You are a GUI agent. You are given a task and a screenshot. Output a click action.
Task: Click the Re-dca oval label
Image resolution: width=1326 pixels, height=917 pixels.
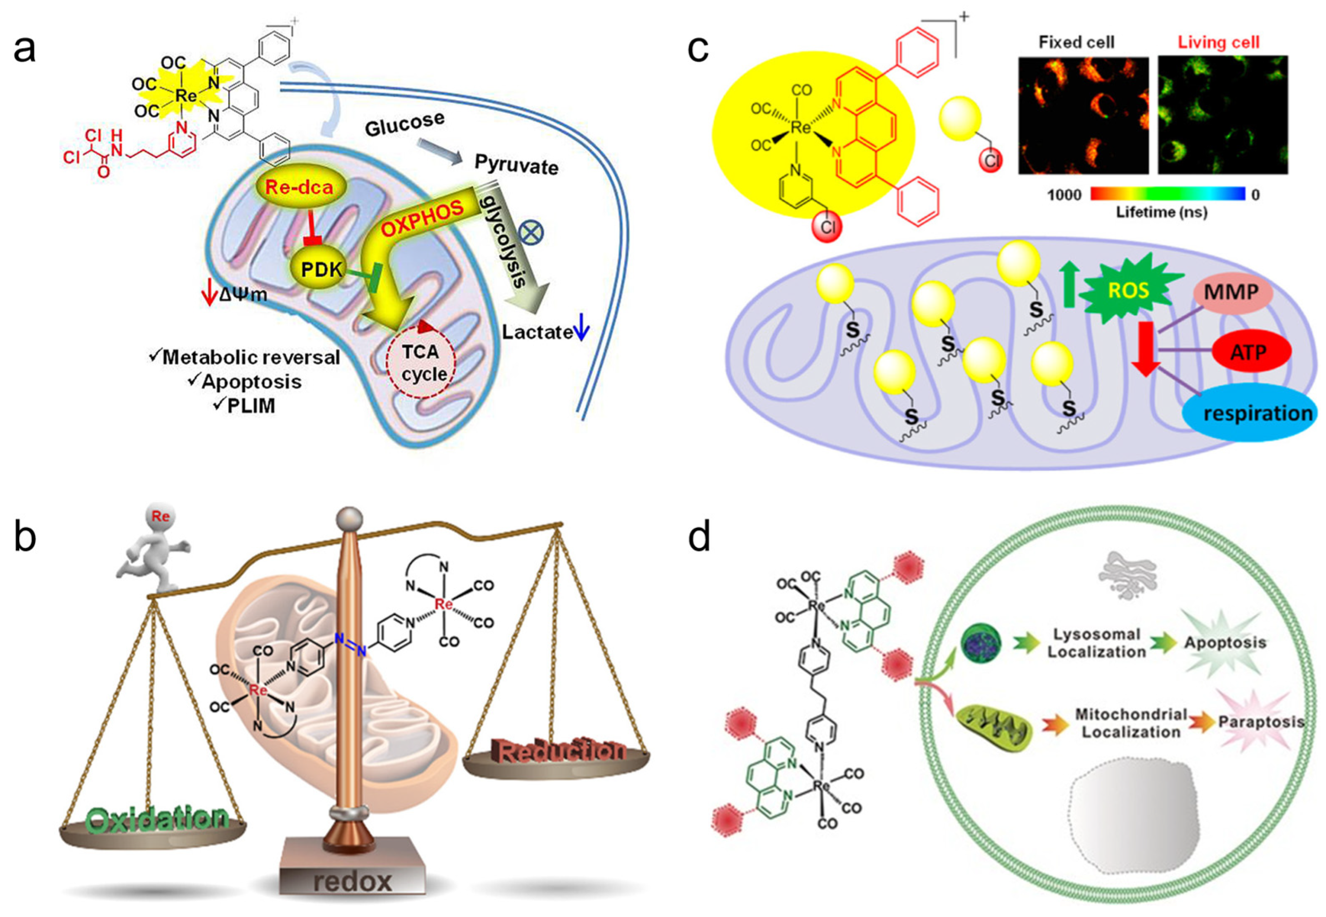299,187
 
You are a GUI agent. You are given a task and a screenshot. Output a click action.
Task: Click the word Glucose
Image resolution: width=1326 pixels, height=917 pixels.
405,123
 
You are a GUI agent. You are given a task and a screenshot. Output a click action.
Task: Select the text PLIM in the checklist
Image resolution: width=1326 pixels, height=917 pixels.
251,406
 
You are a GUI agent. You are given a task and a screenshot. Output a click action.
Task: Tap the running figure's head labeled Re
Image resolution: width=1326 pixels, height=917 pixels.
160,516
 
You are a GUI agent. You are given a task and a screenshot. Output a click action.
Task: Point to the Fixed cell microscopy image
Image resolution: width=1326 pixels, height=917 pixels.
1083,115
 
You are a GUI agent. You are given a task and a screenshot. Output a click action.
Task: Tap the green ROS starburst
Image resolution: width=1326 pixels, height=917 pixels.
1129,290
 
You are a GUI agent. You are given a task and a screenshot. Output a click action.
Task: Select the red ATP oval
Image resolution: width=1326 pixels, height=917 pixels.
1249,352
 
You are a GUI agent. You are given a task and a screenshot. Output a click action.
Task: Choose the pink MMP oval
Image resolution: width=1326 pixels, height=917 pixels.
1231,293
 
